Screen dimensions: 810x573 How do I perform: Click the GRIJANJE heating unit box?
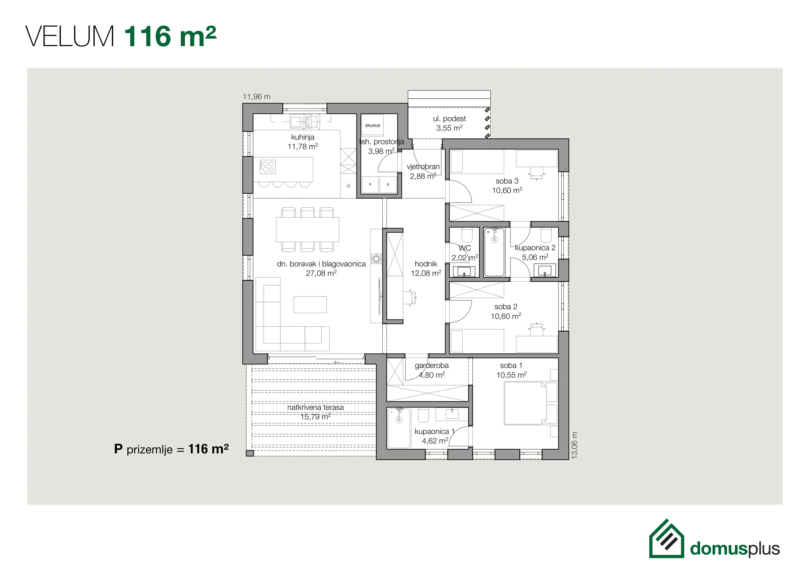pyautogui.click(x=372, y=126)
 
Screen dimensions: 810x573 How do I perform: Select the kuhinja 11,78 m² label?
pyautogui.click(x=303, y=142)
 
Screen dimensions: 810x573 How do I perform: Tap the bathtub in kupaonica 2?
pyautogui.click(x=494, y=252)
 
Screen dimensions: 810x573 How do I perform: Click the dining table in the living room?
pyautogui.click(x=307, y=229)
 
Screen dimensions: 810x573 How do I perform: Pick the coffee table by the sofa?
pyautogui.click(x=310, y=304)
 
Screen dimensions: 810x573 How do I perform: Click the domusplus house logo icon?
pyautogui.click(x=666, y=539)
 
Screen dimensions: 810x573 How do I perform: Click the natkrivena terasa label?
pyautogui.click(x=315, y=408)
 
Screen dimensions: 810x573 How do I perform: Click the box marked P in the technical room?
pyautogui.click(x=370, y=185)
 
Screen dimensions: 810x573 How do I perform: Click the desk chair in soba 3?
pyautogui.click(x=537, y=173)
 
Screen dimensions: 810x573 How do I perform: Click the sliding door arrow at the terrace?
pyautogui.click(x=337, y=362)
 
